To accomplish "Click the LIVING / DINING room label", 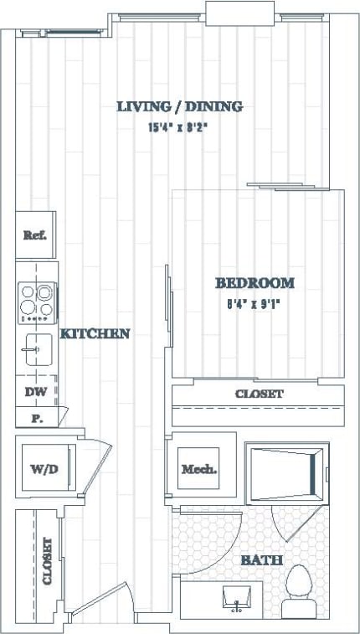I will click(179, 106).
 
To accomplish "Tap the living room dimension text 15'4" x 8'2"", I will click(179, 128).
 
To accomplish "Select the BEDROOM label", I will click(255, 283).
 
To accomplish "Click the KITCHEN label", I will click(95, 333).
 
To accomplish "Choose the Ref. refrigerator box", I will click(35, 235).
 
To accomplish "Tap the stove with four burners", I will click(37, 303).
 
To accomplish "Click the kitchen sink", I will click(36, 348).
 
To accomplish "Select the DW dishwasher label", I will click(35, 391).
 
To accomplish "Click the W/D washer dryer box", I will click(44, 469).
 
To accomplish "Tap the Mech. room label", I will click(200, 469).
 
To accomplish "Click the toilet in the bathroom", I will click(297, 581).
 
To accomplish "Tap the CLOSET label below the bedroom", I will click(259, 394).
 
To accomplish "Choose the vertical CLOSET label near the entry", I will click(48, 560).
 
